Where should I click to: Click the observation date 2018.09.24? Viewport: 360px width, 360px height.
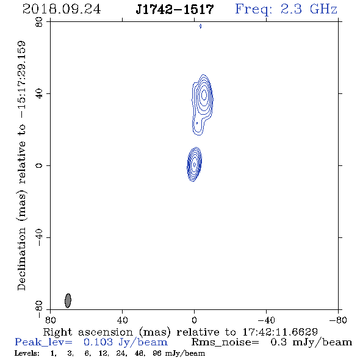coord(62,9)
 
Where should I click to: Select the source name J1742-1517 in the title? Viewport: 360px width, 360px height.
coord(175,9)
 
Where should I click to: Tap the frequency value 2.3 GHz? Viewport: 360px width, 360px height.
coord(309,9)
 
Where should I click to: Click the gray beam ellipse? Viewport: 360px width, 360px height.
coord(68,301)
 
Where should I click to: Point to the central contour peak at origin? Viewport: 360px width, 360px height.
coord(195,164)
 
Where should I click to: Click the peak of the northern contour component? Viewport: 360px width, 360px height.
coord(204,95)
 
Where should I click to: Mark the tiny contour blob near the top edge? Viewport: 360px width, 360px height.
coord(200,26)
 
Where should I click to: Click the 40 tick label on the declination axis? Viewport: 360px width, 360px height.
coord(39,94)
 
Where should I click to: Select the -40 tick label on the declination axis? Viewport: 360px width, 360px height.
coord(39,237)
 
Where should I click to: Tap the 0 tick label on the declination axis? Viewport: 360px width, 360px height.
coord(39,165)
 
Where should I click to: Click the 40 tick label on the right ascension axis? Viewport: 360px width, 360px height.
coord(122,320)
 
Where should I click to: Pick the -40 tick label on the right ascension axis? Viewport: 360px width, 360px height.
coord(266,320)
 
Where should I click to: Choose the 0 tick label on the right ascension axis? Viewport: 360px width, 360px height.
coord(194,320)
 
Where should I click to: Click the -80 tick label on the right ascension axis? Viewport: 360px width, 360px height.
coord(338,320)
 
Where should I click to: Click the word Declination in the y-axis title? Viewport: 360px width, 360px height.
coord(21,259)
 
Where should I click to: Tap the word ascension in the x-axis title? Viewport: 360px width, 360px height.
coord(106,332)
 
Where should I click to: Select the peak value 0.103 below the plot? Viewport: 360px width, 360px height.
coord(98,342)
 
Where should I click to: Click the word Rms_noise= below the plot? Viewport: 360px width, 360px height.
coord(225,342)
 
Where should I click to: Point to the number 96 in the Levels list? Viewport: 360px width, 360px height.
coord(157,353)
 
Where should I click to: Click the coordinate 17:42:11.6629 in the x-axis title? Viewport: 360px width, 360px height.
coord(280,332)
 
